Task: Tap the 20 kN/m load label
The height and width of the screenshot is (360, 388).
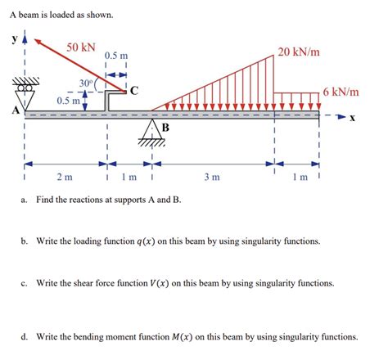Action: (298, 52)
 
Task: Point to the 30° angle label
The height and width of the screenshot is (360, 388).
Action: (86, 83)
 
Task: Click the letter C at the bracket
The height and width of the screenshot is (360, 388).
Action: (133, 89)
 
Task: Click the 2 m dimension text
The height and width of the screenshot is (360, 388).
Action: (64, 178)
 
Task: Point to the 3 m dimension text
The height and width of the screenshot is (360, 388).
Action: (210, 178)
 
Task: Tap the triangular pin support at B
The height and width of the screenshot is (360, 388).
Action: (153, 130)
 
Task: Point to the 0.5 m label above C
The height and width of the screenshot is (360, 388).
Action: (115, 55)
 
